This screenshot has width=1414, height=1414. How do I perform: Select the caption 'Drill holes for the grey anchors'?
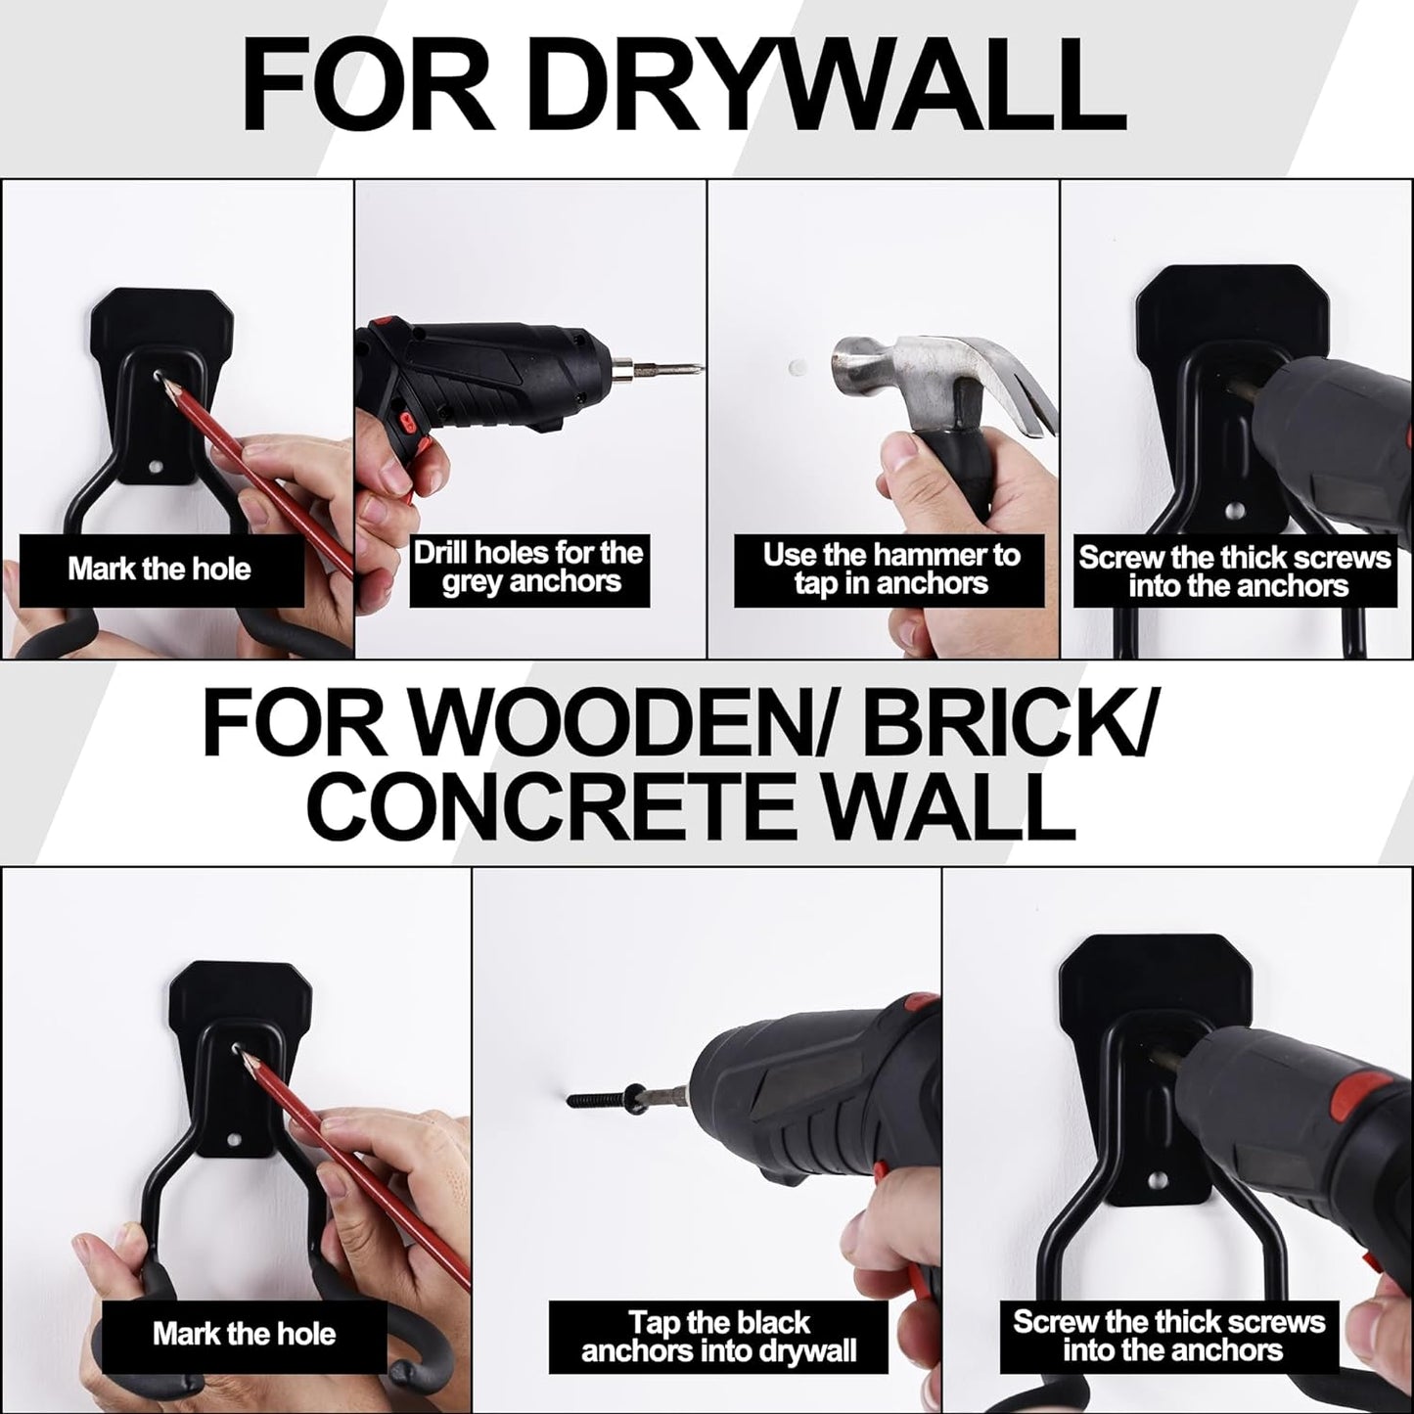coord(529,568)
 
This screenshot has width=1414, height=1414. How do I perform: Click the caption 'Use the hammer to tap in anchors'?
coord(890,570)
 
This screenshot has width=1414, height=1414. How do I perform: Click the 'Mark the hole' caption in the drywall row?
coord(160,570)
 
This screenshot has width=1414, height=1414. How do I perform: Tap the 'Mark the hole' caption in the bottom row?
coord(244,1334)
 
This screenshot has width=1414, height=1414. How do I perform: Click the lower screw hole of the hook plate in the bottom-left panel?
coord(235,1140)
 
